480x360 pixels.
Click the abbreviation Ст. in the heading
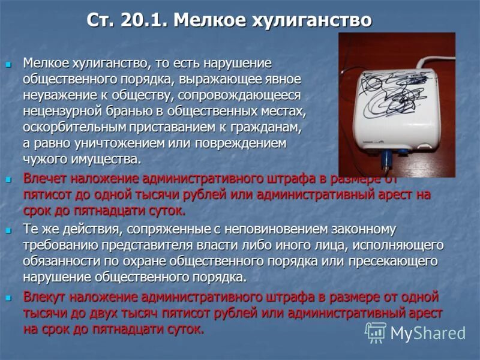click(x=103, y=20)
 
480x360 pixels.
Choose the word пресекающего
click(x=395, y=262)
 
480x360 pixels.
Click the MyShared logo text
click(x=428, y=333)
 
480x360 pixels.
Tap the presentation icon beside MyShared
click(x=376, y=332)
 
